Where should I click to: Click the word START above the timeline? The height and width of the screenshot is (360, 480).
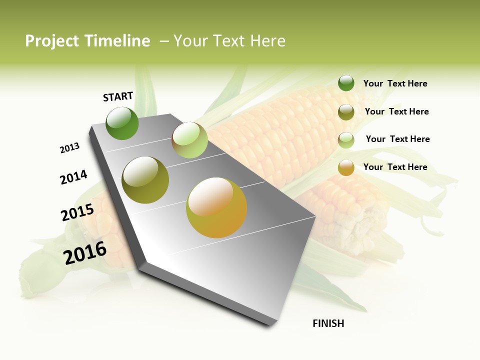click(118, 96)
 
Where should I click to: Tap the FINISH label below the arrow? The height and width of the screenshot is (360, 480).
click(328, 323)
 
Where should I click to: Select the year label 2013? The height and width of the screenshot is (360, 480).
click(69, 148)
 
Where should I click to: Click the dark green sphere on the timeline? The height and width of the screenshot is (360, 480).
click(122, 123)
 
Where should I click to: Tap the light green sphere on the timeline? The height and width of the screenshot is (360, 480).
click(189, 140)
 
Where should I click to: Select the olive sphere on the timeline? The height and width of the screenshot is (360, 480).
click(145, 180)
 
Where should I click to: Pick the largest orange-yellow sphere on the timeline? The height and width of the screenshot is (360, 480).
click(216, 207)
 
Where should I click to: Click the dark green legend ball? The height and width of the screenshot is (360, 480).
click(346, 83)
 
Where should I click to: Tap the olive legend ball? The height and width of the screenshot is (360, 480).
click(346, 111)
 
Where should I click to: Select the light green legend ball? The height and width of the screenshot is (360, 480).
click(346, 139)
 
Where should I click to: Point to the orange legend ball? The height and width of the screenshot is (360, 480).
click(346, 167)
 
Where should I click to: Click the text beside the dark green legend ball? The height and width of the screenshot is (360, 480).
click(395, 84)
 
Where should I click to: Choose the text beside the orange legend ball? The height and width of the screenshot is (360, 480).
click(395, 167)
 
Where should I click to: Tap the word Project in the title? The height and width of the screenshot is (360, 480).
click(52, 41)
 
